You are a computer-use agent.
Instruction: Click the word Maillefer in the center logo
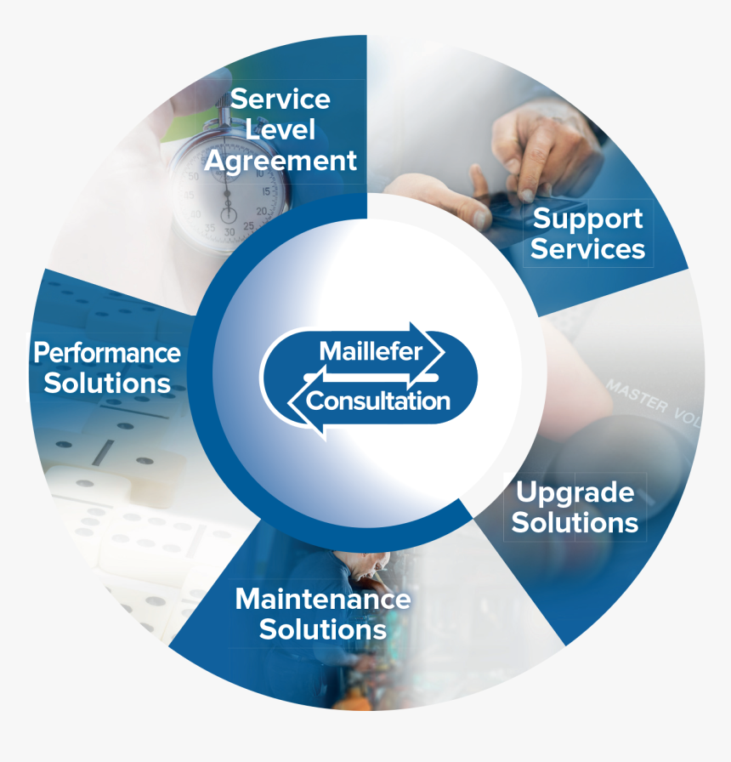[x=370, y=350]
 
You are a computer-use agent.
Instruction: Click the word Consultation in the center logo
[x=377, y=401]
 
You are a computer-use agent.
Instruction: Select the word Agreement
[x=280, y=161]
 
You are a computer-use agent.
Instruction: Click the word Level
[x=280, y=130]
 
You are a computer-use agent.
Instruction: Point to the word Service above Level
[x=280, y=100]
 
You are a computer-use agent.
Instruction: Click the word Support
[x=587, y=219]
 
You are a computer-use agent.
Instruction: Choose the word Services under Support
[x=587, y=249]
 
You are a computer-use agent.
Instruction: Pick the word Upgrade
[x=575, y=492]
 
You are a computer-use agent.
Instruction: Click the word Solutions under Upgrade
[x=575, y=522]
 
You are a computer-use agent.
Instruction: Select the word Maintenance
[x=323, y=599]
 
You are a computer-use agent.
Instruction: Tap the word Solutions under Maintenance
[x=323, y=630]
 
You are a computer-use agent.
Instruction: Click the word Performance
[x=107, y=352]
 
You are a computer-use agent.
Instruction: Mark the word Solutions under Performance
[x=107, y=383]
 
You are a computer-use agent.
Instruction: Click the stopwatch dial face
[x=229, y=187]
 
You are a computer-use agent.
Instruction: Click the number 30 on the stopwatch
[x=229, y=231]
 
